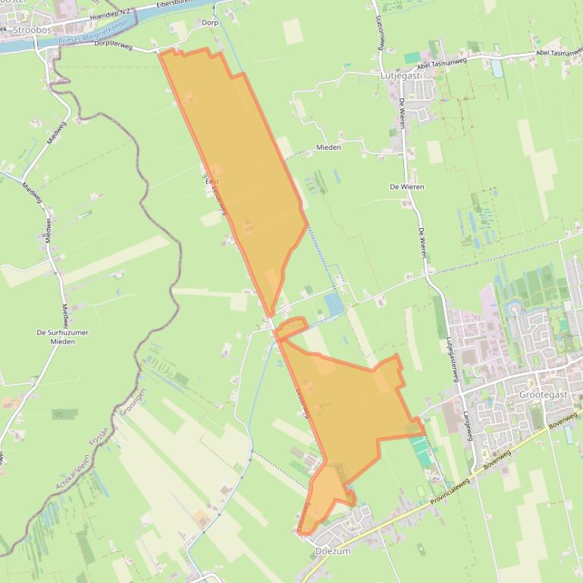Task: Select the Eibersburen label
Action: point(176,4)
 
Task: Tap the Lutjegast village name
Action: point(399,76)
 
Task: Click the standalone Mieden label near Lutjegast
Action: point(329,147)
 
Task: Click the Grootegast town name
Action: point(543,394)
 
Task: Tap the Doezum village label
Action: point(333,551)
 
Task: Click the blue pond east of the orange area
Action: point(333,304)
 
